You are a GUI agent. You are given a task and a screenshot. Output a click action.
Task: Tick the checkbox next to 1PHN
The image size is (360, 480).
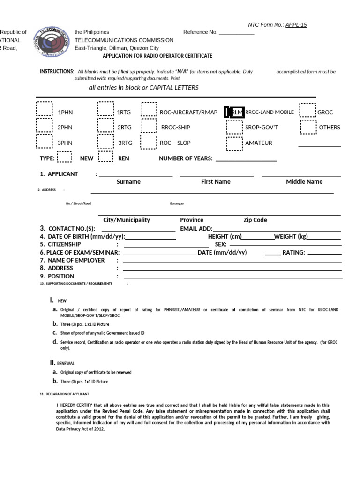[x=45, y=109]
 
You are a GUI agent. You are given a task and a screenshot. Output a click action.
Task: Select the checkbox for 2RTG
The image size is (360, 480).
[x=105, y=125]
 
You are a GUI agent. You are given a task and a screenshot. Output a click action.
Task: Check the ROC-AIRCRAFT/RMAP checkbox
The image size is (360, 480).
[x=149, y=109]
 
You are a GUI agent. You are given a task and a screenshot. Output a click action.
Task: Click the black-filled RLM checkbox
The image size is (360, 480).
[x=234, y=112]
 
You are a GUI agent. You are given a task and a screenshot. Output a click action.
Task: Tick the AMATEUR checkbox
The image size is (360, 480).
[x=234, y=143]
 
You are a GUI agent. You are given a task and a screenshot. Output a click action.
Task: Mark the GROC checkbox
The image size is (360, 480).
[x=308, y=110]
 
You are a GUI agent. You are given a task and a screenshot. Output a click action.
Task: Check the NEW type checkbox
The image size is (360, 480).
[x=64, y=157]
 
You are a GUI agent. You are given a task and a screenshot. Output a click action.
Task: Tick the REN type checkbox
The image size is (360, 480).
[x=105, y=157]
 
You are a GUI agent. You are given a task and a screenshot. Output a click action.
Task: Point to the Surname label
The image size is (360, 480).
[x=128, y=182]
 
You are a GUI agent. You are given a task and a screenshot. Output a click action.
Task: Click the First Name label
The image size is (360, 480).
[x=216, y=182]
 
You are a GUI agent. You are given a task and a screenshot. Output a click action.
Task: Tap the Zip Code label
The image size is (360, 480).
[x=255, y=220]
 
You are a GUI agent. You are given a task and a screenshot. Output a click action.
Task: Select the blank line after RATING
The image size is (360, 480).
[x=324, y=253]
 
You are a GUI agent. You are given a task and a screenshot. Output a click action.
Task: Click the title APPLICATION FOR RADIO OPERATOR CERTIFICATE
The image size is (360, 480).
[x=157, y=56]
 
